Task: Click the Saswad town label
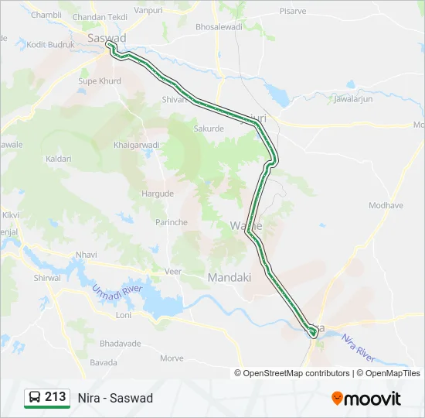(x=107, y=37)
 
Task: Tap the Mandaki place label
(x=229, y=276)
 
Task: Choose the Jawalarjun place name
(x=352, y=99)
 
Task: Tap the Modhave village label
(x=386, y=205)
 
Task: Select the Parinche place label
(x=172, y=222)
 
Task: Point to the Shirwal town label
(x=47, y=278)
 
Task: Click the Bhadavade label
(x=98, y=343)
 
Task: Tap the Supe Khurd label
(x=100, y=81)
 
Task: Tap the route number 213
(x=56, y=397)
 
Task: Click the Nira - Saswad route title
(x=115, y=398)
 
